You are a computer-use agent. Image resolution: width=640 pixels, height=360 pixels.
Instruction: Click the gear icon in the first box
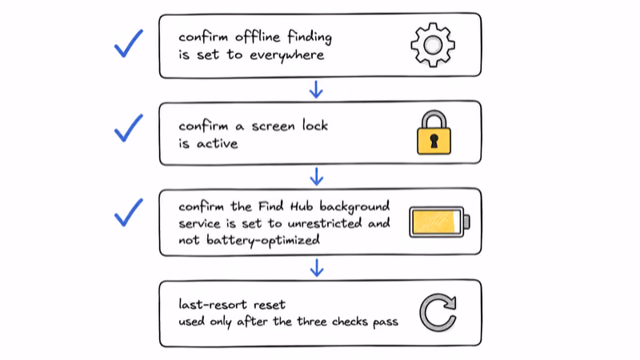point(433,45)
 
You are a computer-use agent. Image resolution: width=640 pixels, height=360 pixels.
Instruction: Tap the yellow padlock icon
point(434,133)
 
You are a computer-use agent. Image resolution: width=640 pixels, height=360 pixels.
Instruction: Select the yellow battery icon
point(439,222)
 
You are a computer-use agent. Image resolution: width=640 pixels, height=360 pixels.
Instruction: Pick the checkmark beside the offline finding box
point(129,44)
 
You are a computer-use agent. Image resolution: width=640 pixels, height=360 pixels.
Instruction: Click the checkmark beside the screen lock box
point(129,129)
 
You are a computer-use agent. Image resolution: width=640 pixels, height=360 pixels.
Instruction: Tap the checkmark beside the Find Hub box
point(129,213)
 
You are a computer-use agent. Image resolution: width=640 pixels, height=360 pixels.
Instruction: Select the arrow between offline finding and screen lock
point(316,90)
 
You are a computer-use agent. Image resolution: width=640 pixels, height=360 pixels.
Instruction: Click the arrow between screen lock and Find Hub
point(317,176)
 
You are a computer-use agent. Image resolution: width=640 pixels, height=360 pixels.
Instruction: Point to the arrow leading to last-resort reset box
point(317,268)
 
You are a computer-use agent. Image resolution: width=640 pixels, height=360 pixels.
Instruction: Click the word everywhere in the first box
point(287,55)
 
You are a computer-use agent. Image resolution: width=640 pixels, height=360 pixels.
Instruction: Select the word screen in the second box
point(273,126)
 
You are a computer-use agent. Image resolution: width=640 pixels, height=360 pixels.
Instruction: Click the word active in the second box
point(217,144)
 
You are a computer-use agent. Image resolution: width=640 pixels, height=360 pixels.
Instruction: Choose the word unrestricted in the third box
point(325,223)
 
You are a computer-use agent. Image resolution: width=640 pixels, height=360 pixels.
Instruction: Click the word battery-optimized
point(263,241)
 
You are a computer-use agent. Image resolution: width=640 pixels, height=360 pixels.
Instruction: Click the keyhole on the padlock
point(434,142)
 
